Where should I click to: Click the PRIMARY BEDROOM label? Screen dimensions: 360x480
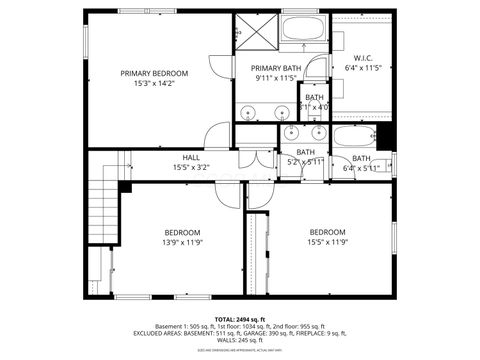(x=154, y=73)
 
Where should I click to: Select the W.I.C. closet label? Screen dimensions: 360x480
(x=363, y=58)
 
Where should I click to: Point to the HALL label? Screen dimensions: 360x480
(x=190, y=157)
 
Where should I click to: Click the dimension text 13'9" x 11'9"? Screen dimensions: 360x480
(x=182, y=242)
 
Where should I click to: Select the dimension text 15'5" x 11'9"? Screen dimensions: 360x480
(x=327, y=242)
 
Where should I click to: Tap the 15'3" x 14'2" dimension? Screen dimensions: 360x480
(x=154, y=84)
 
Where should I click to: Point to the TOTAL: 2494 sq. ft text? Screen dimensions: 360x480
(x=239, y=317)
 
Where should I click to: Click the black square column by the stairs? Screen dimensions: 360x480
(x=125, y=185)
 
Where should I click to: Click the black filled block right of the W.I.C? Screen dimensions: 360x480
(x=385, y=136)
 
